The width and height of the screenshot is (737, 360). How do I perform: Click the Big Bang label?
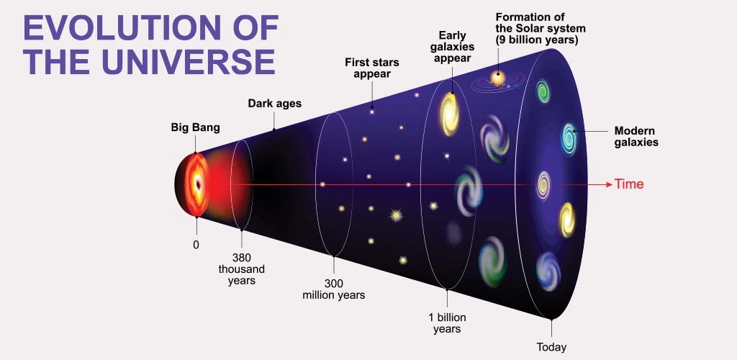click(195, 128)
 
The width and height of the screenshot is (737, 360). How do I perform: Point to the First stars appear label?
click(372, 68)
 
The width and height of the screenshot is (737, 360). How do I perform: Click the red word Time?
click(629, 184)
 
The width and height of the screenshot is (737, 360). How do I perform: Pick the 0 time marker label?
click(196, 245)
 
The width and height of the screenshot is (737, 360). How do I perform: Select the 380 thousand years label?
click(241, 269)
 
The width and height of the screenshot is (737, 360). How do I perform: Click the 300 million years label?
click(333, 289)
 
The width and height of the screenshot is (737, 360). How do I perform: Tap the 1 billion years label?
click(447, 323)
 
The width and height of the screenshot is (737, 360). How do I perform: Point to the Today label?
click(551, 347)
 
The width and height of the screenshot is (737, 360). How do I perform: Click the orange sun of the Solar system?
click(497, 76)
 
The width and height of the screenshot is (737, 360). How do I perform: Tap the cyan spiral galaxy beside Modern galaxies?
click(569, 137)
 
